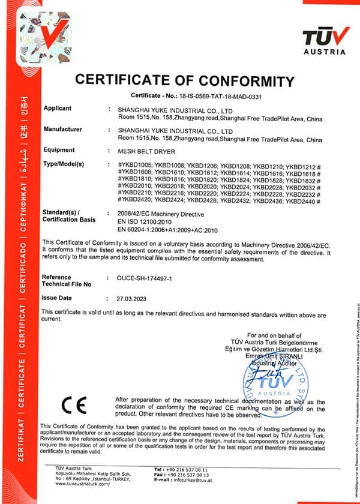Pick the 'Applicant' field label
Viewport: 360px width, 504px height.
tap(58, 109)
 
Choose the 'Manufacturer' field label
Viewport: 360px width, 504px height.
tap(62, 129)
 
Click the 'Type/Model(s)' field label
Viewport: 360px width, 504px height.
tap(65, 164)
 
